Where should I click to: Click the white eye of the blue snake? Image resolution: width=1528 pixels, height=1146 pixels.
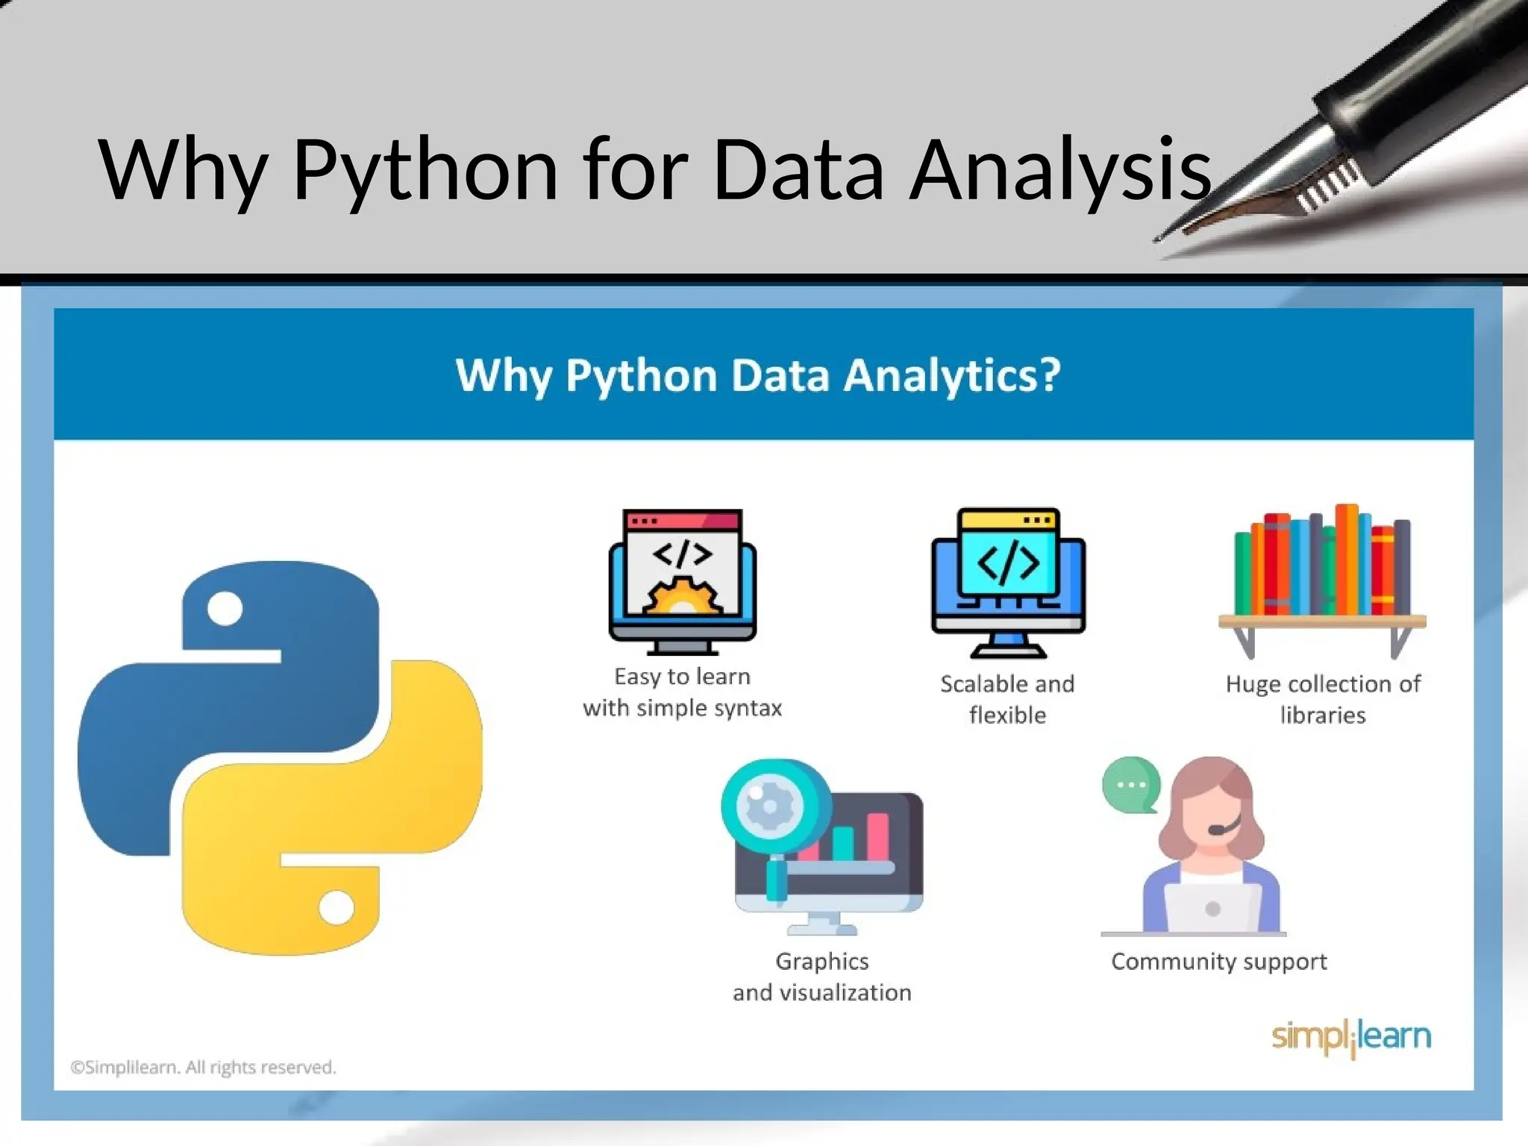tap(225, 609)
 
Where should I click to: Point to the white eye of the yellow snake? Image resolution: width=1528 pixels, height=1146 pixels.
tap(336, 907)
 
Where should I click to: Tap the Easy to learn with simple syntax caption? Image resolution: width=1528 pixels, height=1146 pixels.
tap(682, 692)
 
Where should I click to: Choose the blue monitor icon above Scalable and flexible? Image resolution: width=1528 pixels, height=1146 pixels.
tap(1008, 582)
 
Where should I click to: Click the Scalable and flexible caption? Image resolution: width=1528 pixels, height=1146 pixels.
tap(1007, 699)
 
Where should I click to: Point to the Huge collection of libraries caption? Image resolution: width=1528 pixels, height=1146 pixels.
tap(1323, 699)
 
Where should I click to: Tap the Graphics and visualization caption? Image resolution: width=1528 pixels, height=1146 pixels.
tap(822, 977)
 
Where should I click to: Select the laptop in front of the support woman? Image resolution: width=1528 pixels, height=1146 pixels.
tap(1212, 907)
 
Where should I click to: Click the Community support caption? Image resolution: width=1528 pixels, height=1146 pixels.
tap(1219, 962)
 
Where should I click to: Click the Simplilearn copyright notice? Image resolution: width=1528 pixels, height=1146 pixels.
tap(203, 1068)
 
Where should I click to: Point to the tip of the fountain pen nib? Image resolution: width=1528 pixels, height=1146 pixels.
tap(1157, 240)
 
